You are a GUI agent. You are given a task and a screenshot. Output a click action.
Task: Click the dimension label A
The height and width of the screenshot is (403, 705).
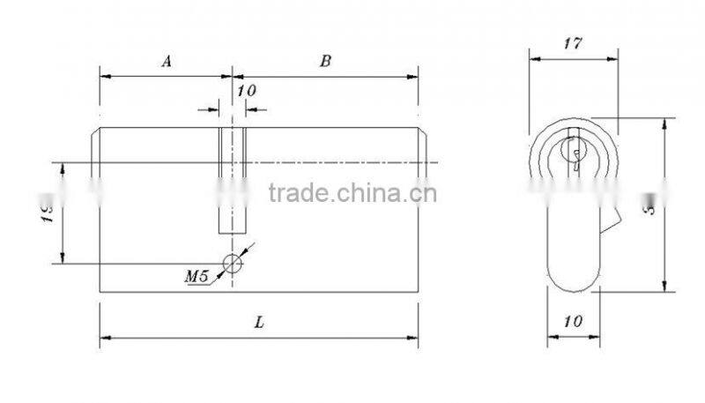(x=165, y=61)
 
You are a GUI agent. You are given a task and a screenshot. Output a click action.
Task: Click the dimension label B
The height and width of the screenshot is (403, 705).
(x=325, y=61)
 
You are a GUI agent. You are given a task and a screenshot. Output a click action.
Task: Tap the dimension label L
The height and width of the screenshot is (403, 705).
(x=259, y=323)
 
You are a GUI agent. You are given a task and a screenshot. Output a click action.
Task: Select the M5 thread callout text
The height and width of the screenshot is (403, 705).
(x=196, y=276)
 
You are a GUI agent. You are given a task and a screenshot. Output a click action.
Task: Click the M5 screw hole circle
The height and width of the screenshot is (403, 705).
(x=232, y=264)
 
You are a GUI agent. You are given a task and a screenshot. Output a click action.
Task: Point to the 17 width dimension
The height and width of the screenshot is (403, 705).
(x=573, y=42)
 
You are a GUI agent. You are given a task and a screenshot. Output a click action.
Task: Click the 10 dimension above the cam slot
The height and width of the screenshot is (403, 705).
(x=246, y=91)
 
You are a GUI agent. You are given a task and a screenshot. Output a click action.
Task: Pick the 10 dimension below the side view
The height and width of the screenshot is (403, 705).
(x=572, y=322)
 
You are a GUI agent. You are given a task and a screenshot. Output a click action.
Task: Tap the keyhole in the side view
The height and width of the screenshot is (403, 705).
(x=574, y=154)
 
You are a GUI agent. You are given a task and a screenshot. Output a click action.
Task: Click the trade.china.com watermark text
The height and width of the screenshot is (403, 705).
(x=350, y=193)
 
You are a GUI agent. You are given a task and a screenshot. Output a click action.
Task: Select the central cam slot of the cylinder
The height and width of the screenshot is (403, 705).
(x=232, y=181)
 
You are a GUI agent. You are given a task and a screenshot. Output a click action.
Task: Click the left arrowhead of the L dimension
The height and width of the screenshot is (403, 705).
(x=104, y=337)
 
